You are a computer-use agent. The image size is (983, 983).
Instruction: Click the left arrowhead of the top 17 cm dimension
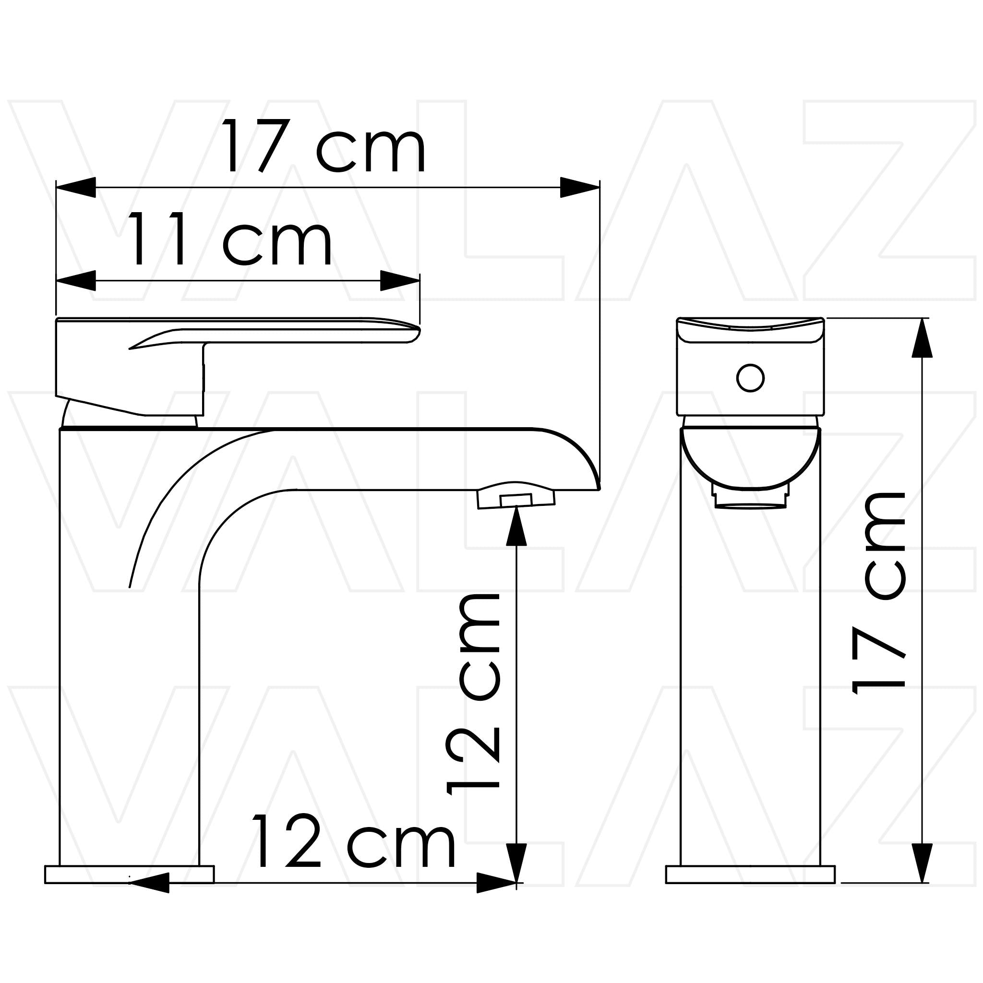point(76,187)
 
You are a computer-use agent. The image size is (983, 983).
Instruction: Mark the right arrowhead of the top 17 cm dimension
point(579,187)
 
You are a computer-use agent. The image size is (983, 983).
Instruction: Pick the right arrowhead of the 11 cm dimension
point(400,280)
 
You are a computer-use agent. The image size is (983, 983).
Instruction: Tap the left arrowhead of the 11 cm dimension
point(76,280)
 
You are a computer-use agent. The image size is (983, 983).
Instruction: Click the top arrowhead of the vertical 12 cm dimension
point(516,526)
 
